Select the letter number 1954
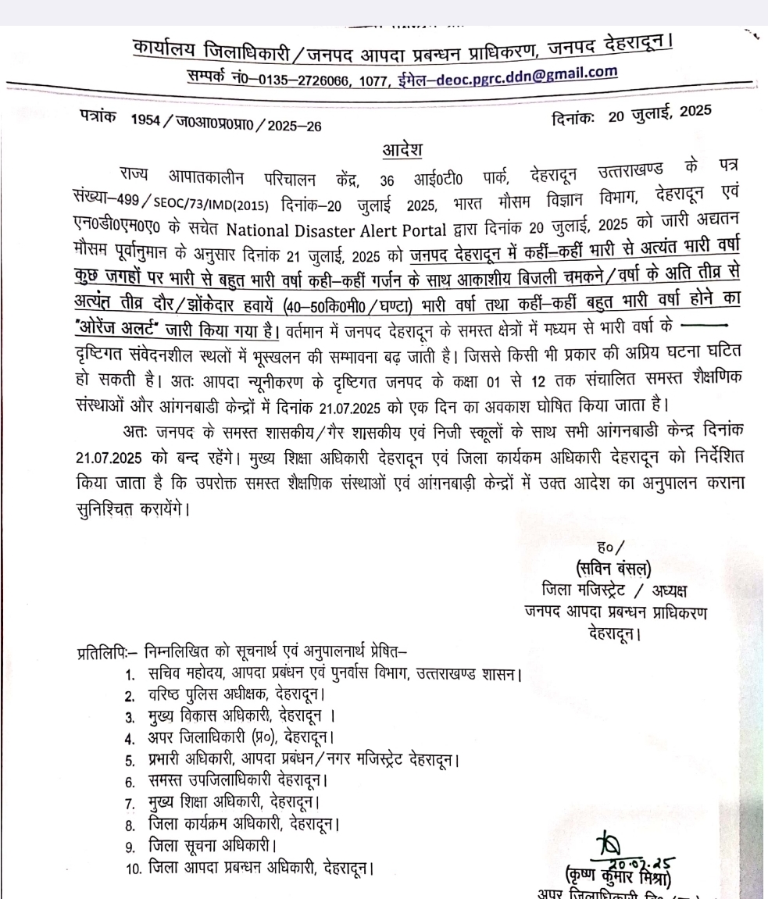pos(148,125)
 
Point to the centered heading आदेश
pos(402,148)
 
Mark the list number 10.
pos(131,867)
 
